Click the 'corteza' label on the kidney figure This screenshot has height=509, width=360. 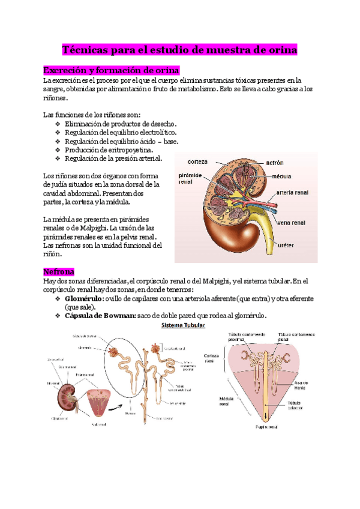click(197, 162)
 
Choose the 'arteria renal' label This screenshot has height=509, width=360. click(292, 193)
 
